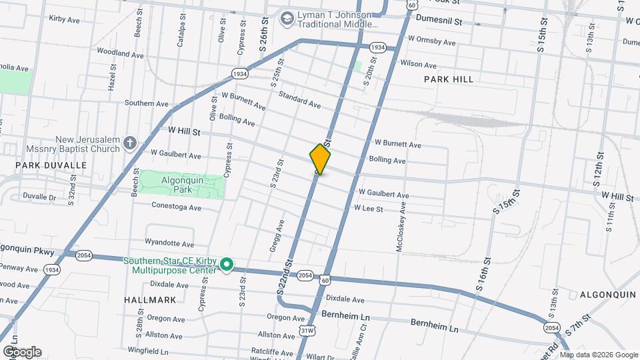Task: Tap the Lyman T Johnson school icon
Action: pyautogui.click(x=287, y=18)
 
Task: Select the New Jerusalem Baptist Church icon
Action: pyautogui.click(x=130, y=143)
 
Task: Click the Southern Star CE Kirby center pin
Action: pyautogui.click(x=227, y=265)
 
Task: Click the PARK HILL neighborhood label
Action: pyautogui.click(x=449, y=79)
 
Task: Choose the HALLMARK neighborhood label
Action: pyautogui.click(x=149, y=301)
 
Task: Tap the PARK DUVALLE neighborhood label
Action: pyautogui.click(x=51, y=165)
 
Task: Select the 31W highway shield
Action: pyautogui.click(x=307, y=330)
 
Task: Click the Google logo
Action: pyautogui.click(x=21, y=352)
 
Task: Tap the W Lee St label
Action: pyautogui.click(x=368, y=209)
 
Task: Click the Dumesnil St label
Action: pyautogui.click(x=439, y=21)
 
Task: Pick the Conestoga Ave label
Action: pyautogui.click(x=176, y=207)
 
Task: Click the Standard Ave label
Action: pyautogui.click(x=299, y=100)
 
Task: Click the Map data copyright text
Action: pyautogui.click(x=597, y=354)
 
